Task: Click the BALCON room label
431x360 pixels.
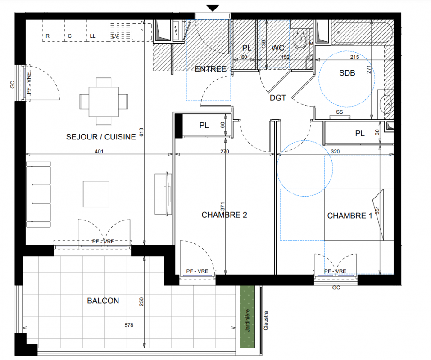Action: [103, 301]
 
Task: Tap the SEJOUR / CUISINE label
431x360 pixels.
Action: [101, 137]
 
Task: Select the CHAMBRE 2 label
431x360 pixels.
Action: [224, 215]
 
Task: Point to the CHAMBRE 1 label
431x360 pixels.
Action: [349, 216]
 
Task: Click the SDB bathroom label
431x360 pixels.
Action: [347, 73]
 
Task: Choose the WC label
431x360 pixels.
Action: [277, 48]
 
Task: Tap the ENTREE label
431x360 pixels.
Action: [211, 69]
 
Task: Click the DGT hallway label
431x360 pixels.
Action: [278, 98]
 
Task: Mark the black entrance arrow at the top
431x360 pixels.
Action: [213, 8]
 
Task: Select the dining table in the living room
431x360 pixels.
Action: [104, 102]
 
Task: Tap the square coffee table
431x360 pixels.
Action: [96, 194]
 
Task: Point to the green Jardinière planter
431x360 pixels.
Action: [247, 317]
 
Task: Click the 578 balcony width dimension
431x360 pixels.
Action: [129, 325]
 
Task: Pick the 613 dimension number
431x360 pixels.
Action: [141, 132]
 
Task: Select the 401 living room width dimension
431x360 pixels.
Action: [99, 151]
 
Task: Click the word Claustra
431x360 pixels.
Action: [266, 320]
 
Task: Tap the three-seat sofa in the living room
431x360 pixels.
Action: [38, 194]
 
